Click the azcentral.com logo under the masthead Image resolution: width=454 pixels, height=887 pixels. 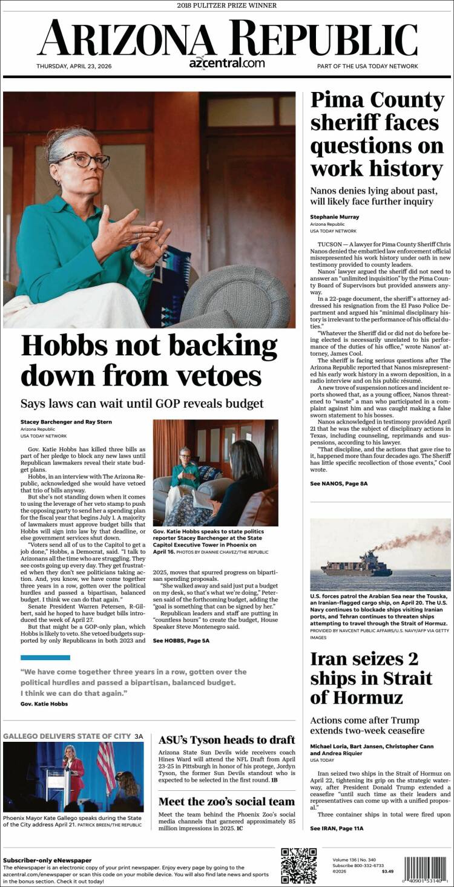[x=226, y=63]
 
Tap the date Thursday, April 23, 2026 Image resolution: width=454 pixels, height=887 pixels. [x=74, y=66]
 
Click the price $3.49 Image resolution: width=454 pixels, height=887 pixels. [x=387, y=871]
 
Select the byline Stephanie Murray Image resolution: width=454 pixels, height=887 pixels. [x=334, y=217]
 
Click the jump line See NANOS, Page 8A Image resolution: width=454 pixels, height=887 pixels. [x=338, y=483]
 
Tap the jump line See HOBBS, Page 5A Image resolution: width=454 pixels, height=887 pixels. [x=181, y=640]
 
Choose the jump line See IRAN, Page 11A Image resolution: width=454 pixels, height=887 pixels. [x=337, y=828]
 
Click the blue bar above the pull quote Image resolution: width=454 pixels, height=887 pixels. [x=45, y=657]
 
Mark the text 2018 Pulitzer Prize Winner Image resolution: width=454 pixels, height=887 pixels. [x=226, y=5]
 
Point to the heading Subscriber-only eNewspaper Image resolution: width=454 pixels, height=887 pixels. [x=47, y=860]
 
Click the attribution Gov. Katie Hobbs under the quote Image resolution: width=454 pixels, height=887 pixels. [x=44, y=704]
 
